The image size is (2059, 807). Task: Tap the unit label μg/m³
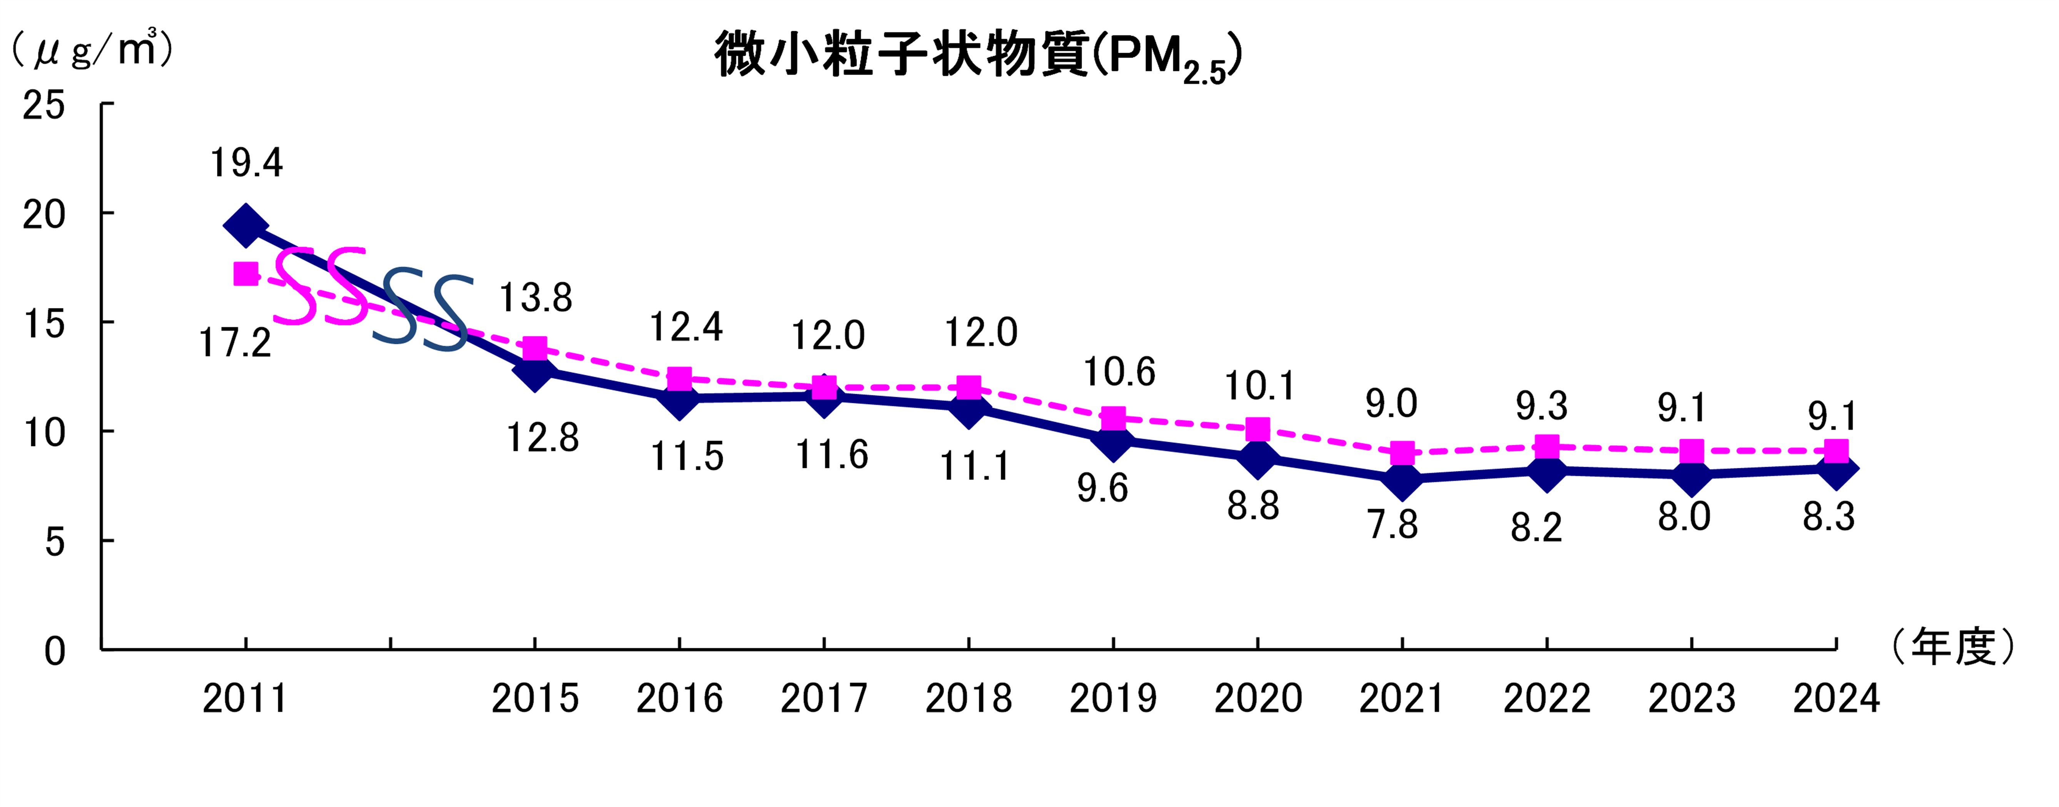click(92, 50)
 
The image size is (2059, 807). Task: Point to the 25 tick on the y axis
click(44, 105)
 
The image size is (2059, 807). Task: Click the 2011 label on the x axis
click(245, 698)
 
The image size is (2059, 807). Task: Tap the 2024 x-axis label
click(1836, 698)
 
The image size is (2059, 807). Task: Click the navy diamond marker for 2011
click(245, 226)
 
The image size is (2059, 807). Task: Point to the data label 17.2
click(235, 343)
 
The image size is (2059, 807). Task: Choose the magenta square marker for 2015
click(535, 348)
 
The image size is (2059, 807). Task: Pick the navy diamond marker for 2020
click(1258, 458)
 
